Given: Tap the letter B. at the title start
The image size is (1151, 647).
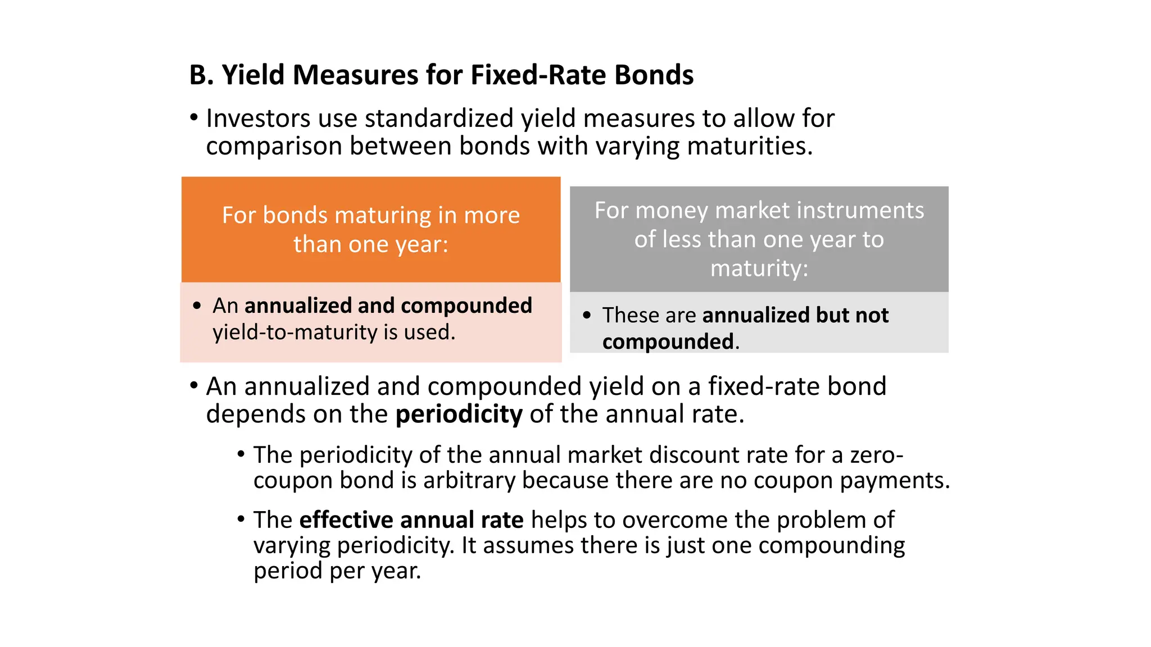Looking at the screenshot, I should click(201, 75).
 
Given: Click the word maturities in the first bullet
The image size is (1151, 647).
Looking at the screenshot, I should click(750, 146).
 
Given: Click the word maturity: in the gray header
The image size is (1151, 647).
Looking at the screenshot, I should click(759, 268).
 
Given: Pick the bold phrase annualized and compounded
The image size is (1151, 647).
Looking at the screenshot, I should click(388, 306).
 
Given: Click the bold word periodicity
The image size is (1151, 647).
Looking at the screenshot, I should click(459, 414).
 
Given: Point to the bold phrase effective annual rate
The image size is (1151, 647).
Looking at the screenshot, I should click(411, 520).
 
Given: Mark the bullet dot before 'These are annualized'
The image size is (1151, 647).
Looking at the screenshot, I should click(587, 315).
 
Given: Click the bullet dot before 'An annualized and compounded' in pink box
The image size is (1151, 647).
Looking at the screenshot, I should click(197, 306).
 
